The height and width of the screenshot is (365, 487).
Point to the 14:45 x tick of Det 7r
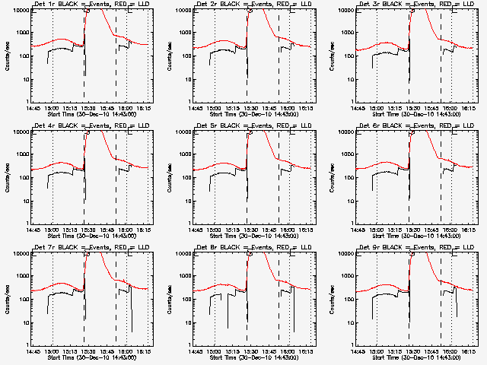pyautogui.click(x=31, y=351)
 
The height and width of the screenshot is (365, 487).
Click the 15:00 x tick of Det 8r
pyautogui.click(x=214, y=351)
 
